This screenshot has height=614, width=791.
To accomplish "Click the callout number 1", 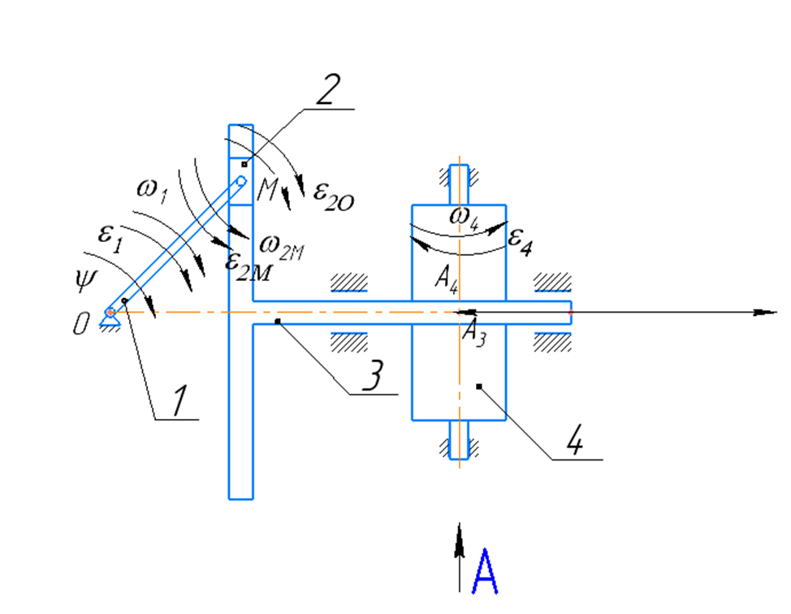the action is click(x=180, y=401).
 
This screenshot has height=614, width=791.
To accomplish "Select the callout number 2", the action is click(x=328, y=90).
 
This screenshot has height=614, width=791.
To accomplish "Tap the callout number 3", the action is click(x=373, y=375).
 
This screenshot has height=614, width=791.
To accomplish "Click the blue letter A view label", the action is click(x=485, y=572).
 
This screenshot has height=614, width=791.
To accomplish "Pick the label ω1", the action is click(x=152, y=191).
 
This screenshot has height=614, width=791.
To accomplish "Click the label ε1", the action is click(x=110, y=238).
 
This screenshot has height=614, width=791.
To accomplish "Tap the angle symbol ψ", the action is click(x=85, y=280).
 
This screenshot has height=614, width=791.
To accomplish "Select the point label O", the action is click(x=81, y=323).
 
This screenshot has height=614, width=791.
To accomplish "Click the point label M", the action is click(x=267, y=189).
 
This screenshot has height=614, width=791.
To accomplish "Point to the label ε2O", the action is click(x=334, y=197).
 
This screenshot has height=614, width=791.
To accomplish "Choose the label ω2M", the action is click(x=282, y=247).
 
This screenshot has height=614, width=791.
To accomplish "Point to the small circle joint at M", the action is click(x=242, y=180).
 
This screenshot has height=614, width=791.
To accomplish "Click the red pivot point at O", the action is click(x=110, y=313).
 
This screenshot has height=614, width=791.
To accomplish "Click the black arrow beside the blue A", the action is click(x=459, y=557).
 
